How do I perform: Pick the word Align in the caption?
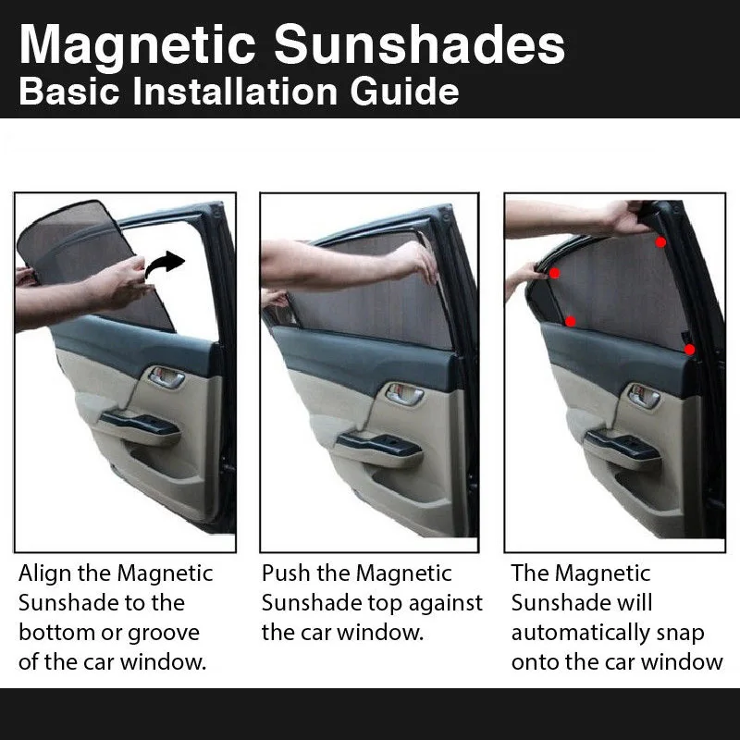(43, 573)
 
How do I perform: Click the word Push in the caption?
(287, 573)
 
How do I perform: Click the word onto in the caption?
(534, 662)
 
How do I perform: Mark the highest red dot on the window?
(660, 242)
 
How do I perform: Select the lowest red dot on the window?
(690, 350)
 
